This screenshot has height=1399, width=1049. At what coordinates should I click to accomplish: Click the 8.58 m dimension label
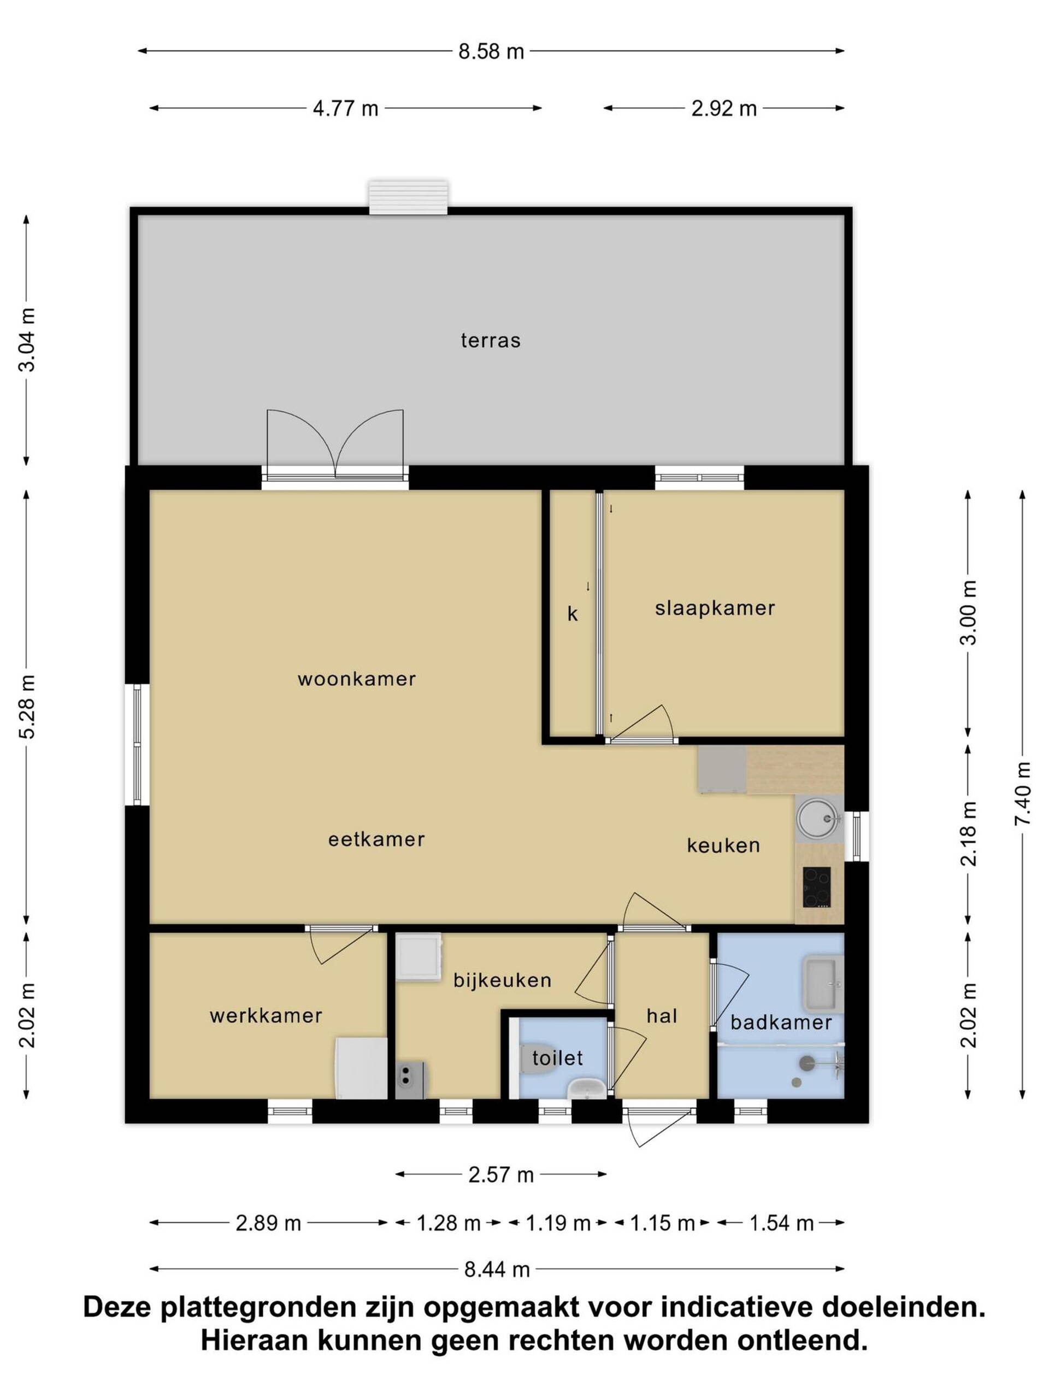(x=491, y=51)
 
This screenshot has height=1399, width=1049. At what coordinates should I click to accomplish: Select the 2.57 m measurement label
(x=501, y=1174)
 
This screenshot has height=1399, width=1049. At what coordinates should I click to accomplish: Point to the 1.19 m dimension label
(x=558, y=1223)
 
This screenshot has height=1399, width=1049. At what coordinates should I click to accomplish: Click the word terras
(x=491, y=340)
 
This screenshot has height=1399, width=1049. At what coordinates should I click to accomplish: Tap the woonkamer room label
(x=357, y=679)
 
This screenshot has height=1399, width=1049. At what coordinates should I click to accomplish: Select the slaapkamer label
(x=715, y=608)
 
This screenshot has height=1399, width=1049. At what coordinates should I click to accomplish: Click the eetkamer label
(x=376, y=839)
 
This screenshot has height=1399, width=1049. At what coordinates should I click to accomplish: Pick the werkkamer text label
(x=266, y=1016)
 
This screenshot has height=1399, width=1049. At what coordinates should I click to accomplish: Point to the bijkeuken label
(x=502, y=980)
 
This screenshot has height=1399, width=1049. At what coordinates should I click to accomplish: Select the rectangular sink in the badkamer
(x=822, y=984)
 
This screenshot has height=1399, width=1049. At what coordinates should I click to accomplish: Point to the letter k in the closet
(x=572, y=614)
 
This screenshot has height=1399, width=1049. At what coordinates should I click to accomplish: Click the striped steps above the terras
(x=409, y=197)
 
